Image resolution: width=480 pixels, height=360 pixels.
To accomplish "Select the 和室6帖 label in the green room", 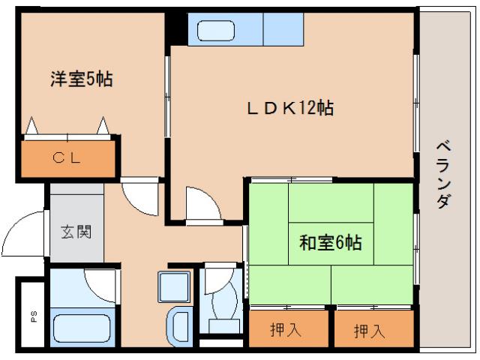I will pos(331,243).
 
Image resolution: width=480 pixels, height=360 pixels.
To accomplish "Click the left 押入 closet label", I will pos(288,329).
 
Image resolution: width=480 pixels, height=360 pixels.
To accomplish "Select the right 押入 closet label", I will pos(372,329).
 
